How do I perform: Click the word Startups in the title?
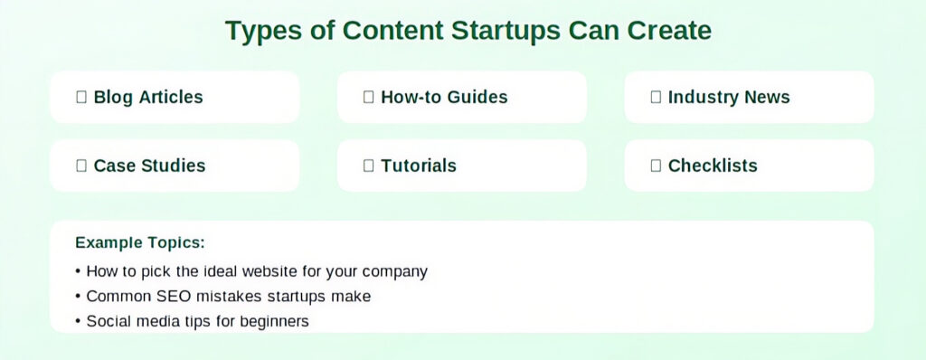[x=505, y=31]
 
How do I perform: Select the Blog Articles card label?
[x=148, y=97]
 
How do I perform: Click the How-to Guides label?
[x=444, y=97]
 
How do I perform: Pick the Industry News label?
[x=729, y=97]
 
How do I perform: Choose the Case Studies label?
[x=149, y=166]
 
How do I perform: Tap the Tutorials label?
[x=419, y=166]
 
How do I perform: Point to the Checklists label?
[x=713, y=166]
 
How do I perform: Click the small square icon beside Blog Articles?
[x=81, y=97]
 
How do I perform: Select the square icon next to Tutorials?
[x=369, y=166]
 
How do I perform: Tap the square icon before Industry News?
[x=656, y=97]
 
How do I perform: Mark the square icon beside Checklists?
[x=656, y=166]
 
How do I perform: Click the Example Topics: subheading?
[x=140, y=243]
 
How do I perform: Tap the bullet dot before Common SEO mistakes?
[x=78, y=297]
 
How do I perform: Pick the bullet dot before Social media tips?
[x=78, y=322]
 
